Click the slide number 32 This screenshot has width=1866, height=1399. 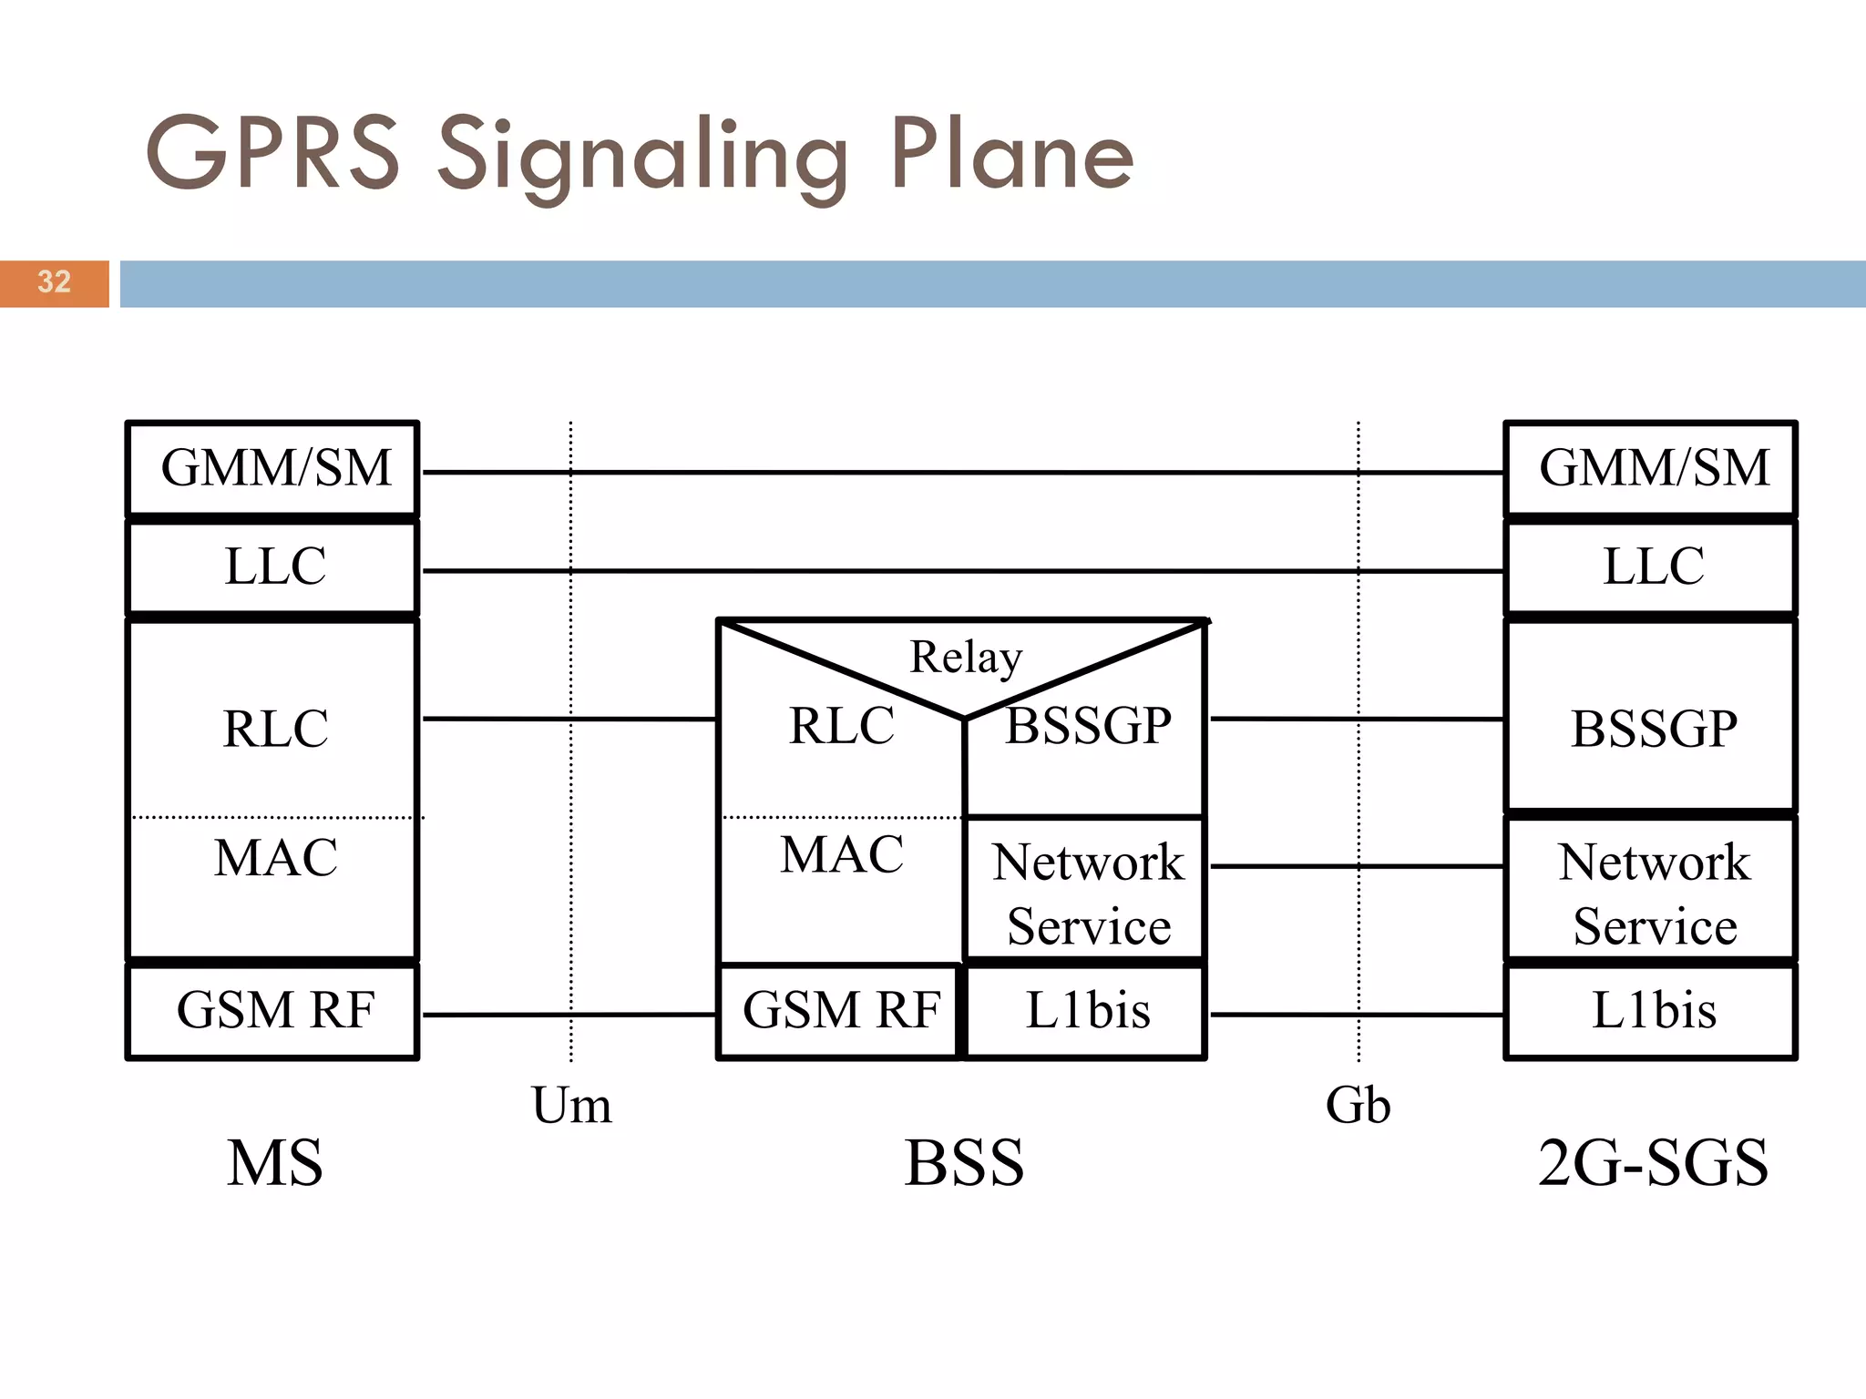pos(55,281)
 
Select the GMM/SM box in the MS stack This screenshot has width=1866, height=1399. pos(273,468)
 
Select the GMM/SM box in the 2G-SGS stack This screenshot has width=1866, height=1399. pos(1651,468)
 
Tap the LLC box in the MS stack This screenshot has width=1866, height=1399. pos(273,567)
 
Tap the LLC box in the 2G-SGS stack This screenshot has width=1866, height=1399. pos(1651,567)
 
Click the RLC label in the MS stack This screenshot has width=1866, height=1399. pos(275,729)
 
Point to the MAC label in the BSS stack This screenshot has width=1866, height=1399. pos(842,854)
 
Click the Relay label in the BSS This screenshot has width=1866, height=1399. pos(966,657)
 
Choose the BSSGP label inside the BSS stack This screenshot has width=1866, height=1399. pos(1088,726)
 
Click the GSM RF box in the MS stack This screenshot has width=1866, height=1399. pos(273,1011)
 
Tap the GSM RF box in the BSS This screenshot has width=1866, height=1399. pos(840,1011)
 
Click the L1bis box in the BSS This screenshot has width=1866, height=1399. pos(1086,1011)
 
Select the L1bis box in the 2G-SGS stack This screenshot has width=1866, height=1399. pos(1651,1011)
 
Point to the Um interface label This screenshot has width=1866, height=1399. pos(571,1106)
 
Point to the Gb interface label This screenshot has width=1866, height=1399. pos(1358,1106)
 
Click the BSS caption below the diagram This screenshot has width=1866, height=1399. pos(964,1163)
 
